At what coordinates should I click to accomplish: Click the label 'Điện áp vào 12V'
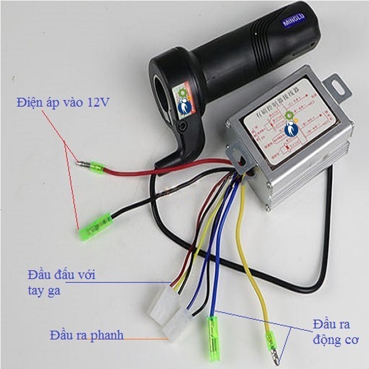pos(62,102)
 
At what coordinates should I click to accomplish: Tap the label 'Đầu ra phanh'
pos(87,336)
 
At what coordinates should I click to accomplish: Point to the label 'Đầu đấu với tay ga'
pos(61,282)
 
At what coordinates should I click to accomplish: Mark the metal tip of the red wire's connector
pos(79,165)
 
